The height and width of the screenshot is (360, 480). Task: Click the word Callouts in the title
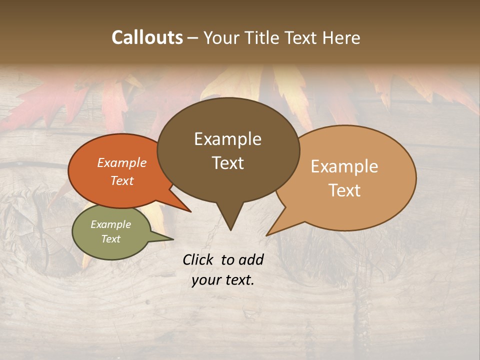click(147, 37)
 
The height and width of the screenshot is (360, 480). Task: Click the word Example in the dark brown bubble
click(227, 139)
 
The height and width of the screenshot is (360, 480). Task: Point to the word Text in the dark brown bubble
click(227, 163)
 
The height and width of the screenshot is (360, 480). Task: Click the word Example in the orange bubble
click(121, 163)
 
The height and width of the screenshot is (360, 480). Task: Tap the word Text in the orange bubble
click(121, 180)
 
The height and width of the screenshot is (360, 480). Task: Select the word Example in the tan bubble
click(344, 166)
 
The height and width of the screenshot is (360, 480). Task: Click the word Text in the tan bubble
click(344, 190)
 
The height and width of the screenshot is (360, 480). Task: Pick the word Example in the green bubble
click(110, 224)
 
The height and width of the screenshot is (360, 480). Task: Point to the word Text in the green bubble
click(110, 239)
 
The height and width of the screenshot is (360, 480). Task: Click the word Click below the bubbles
click(199, 260)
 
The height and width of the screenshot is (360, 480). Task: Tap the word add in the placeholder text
click(251, 260)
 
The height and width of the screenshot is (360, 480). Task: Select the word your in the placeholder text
click(206, 280)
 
